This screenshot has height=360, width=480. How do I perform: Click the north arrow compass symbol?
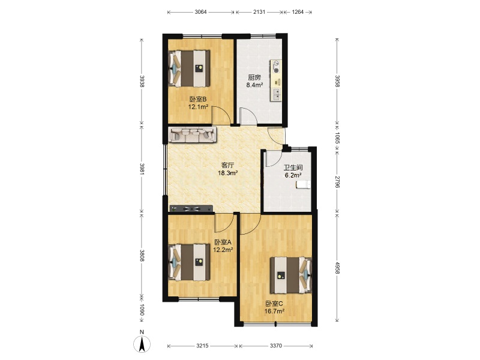tap(142, 344)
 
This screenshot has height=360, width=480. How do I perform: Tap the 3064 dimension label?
tap(200, 12)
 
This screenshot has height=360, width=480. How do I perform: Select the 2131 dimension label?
tap(259, 12)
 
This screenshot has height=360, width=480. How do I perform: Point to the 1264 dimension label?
tap(298, 12)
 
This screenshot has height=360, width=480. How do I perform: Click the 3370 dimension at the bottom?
tap(276, 346)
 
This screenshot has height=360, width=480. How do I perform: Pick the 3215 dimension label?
tap(202, 346)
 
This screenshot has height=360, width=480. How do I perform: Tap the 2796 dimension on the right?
tap(337, 182)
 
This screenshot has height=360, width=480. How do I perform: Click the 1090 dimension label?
tap(142, 310)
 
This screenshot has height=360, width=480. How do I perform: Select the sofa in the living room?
tap(192, 134)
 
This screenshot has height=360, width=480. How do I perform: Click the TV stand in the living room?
tap(191, 208)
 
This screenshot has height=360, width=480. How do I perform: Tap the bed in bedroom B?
tap(190, 68)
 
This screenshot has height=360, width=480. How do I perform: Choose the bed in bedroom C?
tap(291, 275)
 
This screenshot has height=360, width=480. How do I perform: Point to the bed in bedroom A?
tap(190, 262)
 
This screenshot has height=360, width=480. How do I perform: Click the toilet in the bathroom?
tap(303, 184)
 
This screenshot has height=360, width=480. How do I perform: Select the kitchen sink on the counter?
tap(276, 94)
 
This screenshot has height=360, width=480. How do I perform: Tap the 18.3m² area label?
tap(228, 173)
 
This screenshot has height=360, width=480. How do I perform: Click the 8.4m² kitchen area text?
tap(254, 85)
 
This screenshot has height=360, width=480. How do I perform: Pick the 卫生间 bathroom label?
tap(293, 167)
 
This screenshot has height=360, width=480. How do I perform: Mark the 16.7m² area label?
tap(275, 311)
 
